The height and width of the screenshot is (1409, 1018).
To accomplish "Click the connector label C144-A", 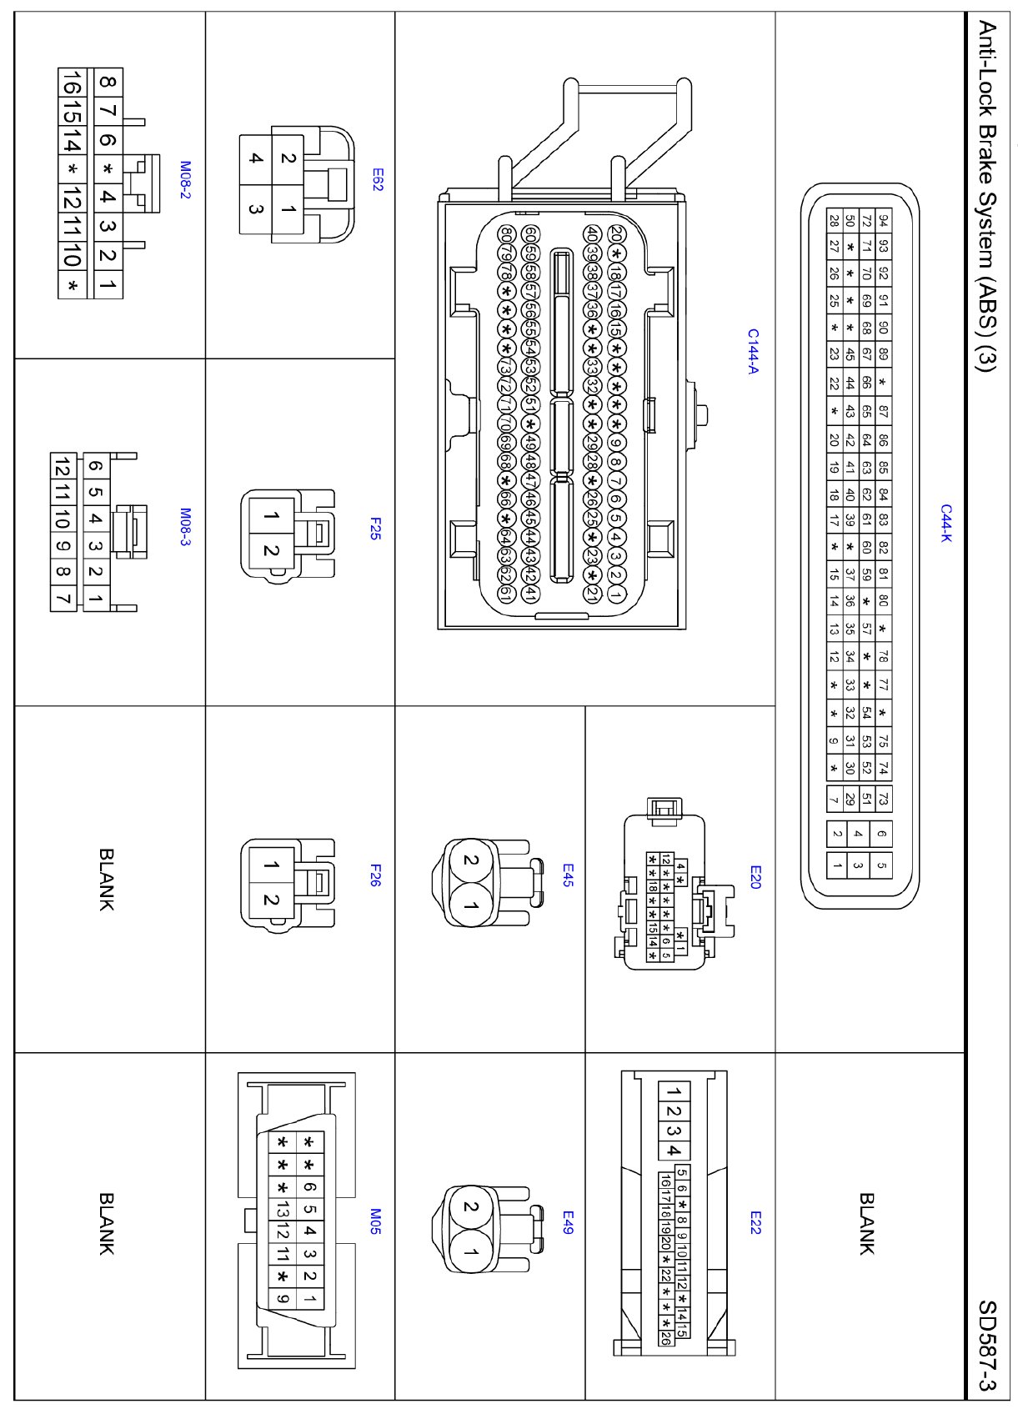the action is tap(753, 351).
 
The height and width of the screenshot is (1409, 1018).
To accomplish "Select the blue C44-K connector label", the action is tap(945, 524).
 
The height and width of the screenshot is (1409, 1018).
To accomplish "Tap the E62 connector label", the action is tap(377, 180).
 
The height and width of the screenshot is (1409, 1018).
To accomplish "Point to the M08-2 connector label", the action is tap(185, 180).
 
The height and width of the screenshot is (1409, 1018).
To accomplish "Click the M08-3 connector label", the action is tap(185, 527).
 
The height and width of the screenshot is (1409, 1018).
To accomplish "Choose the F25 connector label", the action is tap(375, 528).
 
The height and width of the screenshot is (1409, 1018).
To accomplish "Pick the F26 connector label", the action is tap(375, 875).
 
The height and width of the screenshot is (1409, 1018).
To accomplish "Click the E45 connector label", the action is tap(567, 875).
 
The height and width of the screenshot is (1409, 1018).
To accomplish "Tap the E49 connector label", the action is tap(567, 1222).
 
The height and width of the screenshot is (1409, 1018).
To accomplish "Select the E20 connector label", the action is tap(755, 876).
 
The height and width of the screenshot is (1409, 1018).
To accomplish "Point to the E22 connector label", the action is tap(755, 1222).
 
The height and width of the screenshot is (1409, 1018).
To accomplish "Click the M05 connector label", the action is tap(375, 1221).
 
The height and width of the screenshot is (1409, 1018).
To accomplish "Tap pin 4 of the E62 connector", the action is tap(256, 158).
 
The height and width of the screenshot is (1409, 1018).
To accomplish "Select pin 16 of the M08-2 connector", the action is tap(72, 84).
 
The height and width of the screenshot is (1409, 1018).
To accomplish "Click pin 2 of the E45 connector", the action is tap(470, 861).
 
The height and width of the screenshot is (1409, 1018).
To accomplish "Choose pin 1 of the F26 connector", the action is tap(271, 865).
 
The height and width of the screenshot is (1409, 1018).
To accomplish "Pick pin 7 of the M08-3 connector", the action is tap(63, 598).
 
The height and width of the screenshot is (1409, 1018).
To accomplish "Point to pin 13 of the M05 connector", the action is tap(283, 1209).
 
